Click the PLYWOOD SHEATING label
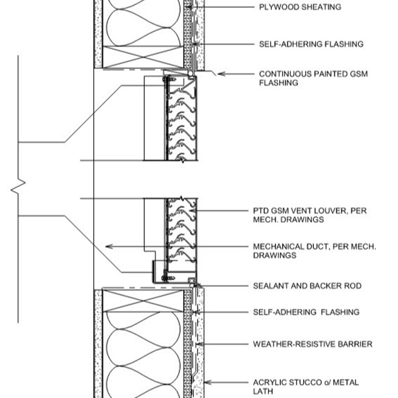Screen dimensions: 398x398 coord(300,7)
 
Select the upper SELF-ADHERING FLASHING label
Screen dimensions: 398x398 coord(311,44)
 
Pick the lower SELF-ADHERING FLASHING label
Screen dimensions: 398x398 coord(306,312)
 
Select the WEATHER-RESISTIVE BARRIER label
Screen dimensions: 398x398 coord(313,344)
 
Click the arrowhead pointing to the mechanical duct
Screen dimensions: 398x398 coord(109,246)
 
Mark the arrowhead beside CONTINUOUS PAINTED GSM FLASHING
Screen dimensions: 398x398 coord(221,73)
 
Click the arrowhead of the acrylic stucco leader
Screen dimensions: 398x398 coord(206,383)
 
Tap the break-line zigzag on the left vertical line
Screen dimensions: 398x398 coord(19,184)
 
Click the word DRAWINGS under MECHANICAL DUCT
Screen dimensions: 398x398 coord(275,256)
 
